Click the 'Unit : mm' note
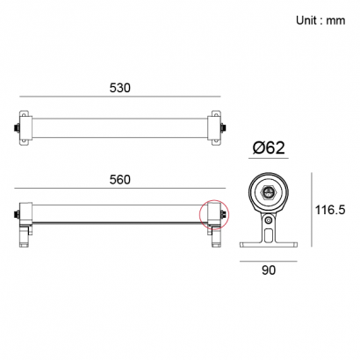(320, 20)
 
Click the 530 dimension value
(120, 88)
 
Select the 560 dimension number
(120, 180)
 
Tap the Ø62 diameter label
(269, 148)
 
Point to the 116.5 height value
(330, 210)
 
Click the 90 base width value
(269, 270)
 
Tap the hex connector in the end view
(269, 192)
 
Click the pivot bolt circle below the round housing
(268, 220)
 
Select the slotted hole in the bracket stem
(268, 235)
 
